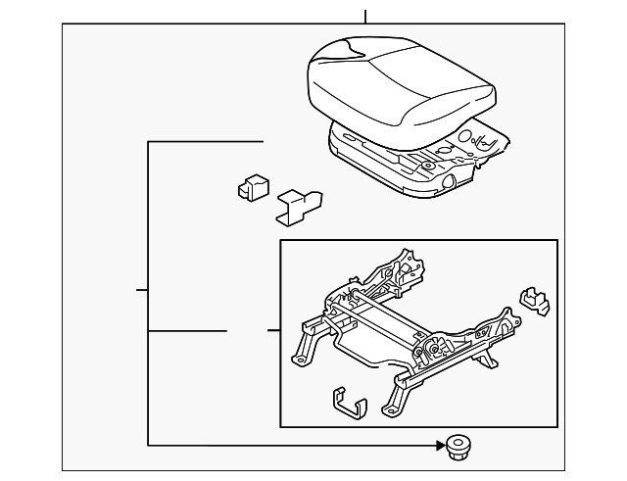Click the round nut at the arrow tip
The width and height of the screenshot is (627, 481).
455,447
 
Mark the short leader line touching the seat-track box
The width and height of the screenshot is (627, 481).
273,331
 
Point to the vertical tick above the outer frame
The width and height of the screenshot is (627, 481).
364,17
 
